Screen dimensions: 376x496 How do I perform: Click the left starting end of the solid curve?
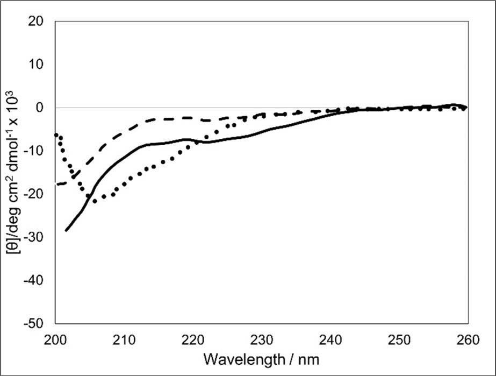[66, 230]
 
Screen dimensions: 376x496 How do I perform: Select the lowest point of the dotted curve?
[95, 202]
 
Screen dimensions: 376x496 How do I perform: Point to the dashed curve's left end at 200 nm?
[56, 185]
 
